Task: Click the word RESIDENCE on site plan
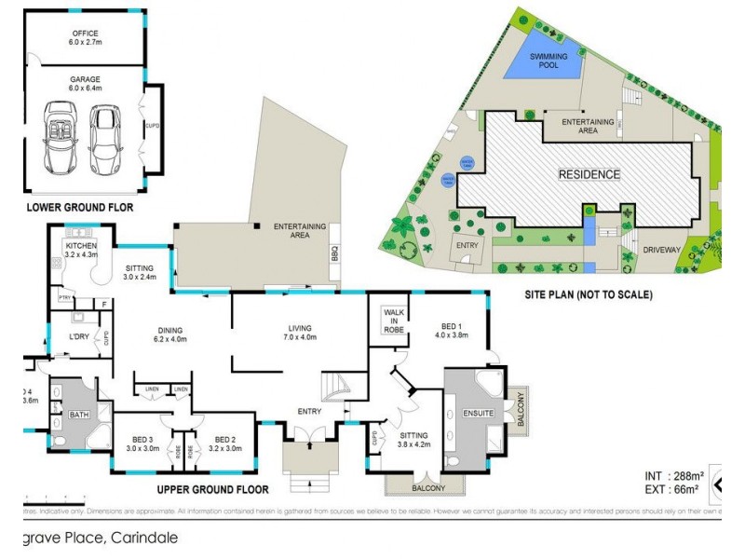tap(589, 174)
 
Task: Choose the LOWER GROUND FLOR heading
tap(79, 206)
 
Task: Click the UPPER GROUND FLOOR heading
tap(213, 488)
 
